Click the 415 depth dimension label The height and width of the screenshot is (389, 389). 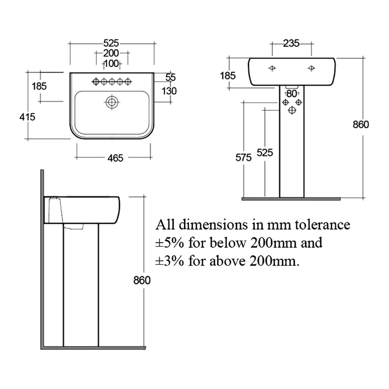[27, 117]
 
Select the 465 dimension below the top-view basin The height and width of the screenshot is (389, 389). [115, 158]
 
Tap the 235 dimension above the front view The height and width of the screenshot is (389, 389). [291, 43]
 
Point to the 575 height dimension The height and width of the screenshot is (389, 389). [244, 158]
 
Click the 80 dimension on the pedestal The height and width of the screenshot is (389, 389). [291, 94]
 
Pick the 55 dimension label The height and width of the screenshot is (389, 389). [171, 77]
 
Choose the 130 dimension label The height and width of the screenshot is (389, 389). [169, 91]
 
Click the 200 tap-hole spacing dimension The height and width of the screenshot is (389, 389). [111, 53]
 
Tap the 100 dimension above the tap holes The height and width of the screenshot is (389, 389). [111, 63]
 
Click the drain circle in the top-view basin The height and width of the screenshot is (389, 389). [112, 102]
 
